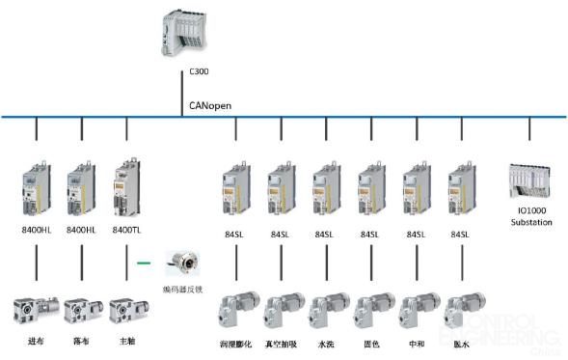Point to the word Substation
[x=530, y=223]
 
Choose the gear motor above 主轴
[x=128, y=308]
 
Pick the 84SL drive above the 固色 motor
[x=372, y=185]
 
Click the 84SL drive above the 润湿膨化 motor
[x=235, y=185]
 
